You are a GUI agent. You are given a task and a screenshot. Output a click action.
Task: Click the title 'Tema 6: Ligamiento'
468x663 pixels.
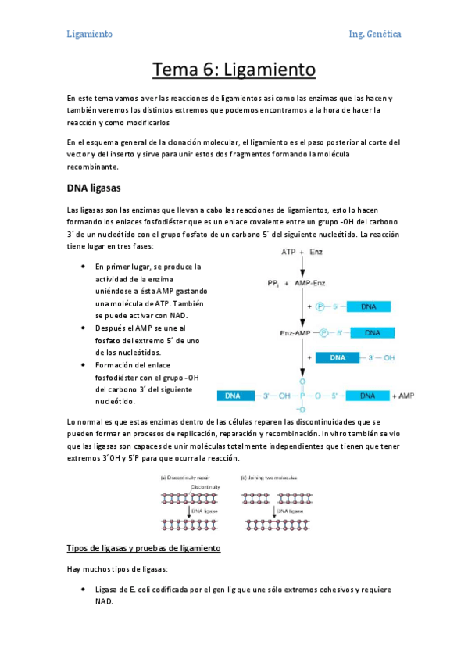click(234, 70)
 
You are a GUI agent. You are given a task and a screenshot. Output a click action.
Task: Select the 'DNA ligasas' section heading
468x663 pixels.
click(93, 188)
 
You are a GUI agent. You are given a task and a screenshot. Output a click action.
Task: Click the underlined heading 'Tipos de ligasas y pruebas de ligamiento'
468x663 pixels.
click(145, 548)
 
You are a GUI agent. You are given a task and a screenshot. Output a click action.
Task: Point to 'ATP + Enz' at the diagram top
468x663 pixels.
click(302, 253)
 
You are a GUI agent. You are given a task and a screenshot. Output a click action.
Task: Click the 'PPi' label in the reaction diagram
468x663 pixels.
click(273, 282)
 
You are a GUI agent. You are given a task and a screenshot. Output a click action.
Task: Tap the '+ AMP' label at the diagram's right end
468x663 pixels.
click(403, 396)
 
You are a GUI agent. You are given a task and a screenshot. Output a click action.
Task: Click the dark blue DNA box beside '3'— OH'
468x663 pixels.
click(337, 357)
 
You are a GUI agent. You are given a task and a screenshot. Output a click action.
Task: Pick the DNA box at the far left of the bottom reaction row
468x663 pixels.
click(233, 396)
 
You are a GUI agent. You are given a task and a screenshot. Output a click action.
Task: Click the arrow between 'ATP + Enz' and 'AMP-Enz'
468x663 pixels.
click(301, 267)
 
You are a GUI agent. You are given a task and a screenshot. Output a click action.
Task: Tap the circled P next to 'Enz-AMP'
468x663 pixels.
click(321, 333)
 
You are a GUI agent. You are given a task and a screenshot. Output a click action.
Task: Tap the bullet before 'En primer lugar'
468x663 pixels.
click(84, 267)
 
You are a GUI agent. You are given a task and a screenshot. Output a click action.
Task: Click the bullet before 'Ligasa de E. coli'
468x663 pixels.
click(84, 590)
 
